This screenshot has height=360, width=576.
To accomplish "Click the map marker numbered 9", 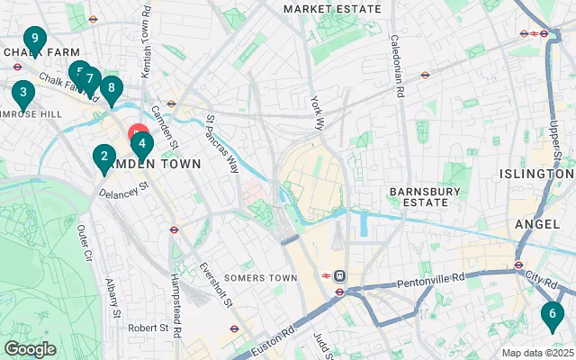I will (34, 40).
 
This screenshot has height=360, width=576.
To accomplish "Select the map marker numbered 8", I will (110, 88).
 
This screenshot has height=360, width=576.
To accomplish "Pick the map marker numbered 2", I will (103, 157).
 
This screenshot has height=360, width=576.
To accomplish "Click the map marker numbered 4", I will (141, 143).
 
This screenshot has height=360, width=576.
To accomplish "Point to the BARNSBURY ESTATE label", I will (418, 196).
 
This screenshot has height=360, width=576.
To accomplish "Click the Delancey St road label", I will (122, 191).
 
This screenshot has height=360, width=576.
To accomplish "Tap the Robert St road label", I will (148, 328).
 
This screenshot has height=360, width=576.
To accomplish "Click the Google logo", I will (30, 349).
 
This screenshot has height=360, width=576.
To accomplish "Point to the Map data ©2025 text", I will (536, 353).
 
